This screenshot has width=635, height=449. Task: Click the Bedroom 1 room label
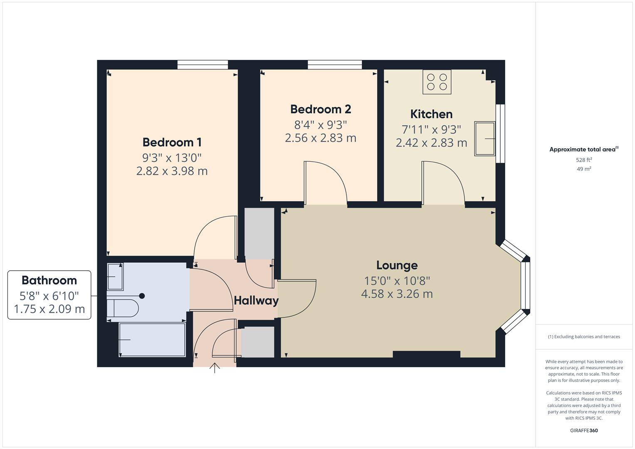172,142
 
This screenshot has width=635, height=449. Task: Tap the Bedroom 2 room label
320,109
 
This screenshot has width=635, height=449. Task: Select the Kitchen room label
431,114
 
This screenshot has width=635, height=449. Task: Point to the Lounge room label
397,265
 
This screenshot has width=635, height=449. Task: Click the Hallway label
256,301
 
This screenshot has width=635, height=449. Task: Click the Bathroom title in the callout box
49,280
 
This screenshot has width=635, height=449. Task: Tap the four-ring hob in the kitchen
437,82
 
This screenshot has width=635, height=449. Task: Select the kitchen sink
484,138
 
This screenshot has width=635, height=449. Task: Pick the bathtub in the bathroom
152,340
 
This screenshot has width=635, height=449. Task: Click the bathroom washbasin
115,276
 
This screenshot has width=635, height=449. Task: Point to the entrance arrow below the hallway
215,368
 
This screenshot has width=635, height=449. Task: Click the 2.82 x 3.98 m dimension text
172,171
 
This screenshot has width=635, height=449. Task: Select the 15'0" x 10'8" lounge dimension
397,281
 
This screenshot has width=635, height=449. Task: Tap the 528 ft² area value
584,160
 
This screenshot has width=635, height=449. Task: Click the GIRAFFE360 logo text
584,430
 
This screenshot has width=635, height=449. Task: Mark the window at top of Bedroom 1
203,64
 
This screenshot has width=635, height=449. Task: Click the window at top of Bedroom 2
334,64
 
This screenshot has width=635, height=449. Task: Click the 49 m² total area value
584,169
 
